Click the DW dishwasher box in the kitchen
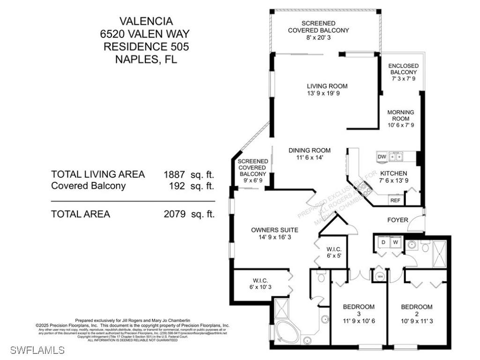pos(382,157)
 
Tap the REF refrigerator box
pos(395,200)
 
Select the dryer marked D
pos(383,242)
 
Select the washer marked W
pos(396,242)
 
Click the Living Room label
pos(327,86)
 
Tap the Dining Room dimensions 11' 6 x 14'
pos(309,158)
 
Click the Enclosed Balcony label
pos(404,69)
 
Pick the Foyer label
pos(397,219)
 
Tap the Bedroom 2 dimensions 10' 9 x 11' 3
pos(417,322)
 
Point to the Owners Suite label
pos(275,230)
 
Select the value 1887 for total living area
pos(174,174)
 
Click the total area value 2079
pos(175,214)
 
